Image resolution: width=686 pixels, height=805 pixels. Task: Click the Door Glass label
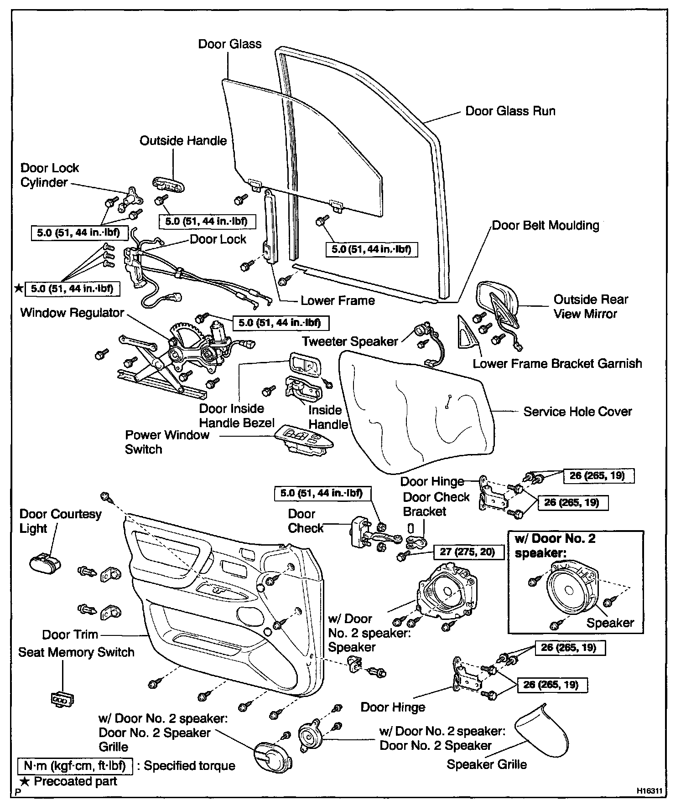point(229,44)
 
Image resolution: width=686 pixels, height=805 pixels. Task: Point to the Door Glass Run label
point(510,111)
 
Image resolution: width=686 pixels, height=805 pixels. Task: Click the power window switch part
point(304,439)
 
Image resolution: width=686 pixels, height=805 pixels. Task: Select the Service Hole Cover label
point(577,412)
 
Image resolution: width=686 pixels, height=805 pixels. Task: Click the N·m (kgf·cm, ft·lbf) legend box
point(75,766)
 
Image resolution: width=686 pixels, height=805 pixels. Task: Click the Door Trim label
point(70,635)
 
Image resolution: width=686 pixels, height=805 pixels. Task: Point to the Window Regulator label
point(72,313)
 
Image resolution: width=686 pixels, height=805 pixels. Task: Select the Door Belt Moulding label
point(546,226)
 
